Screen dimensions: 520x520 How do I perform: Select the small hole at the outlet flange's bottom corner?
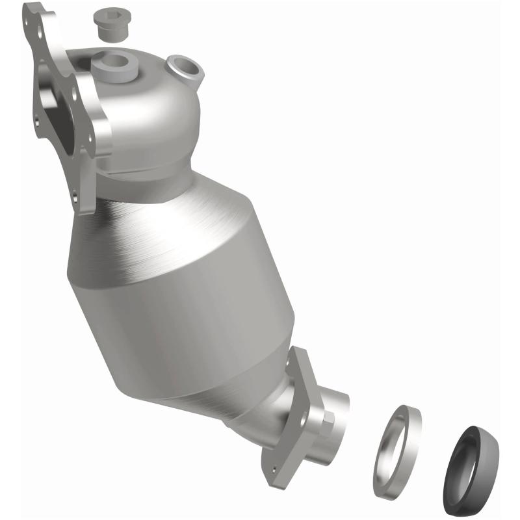[x=274, y=467]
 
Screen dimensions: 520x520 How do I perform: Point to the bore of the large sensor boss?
[x=114, y=62]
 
